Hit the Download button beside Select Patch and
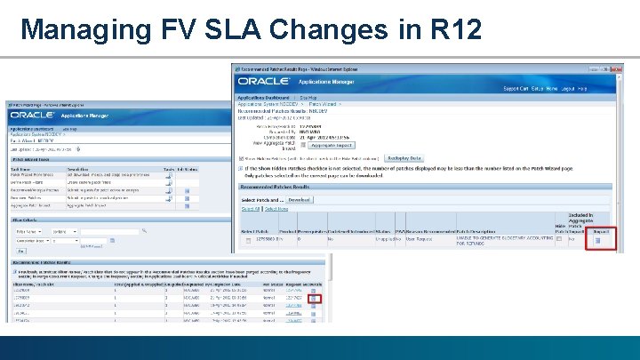click(x=298, y=201)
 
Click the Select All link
click(x=250, y=209)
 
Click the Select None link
click(x=276, y=209)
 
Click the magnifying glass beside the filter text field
click(x=135, y=231)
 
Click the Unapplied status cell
click(x=384, y=239)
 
